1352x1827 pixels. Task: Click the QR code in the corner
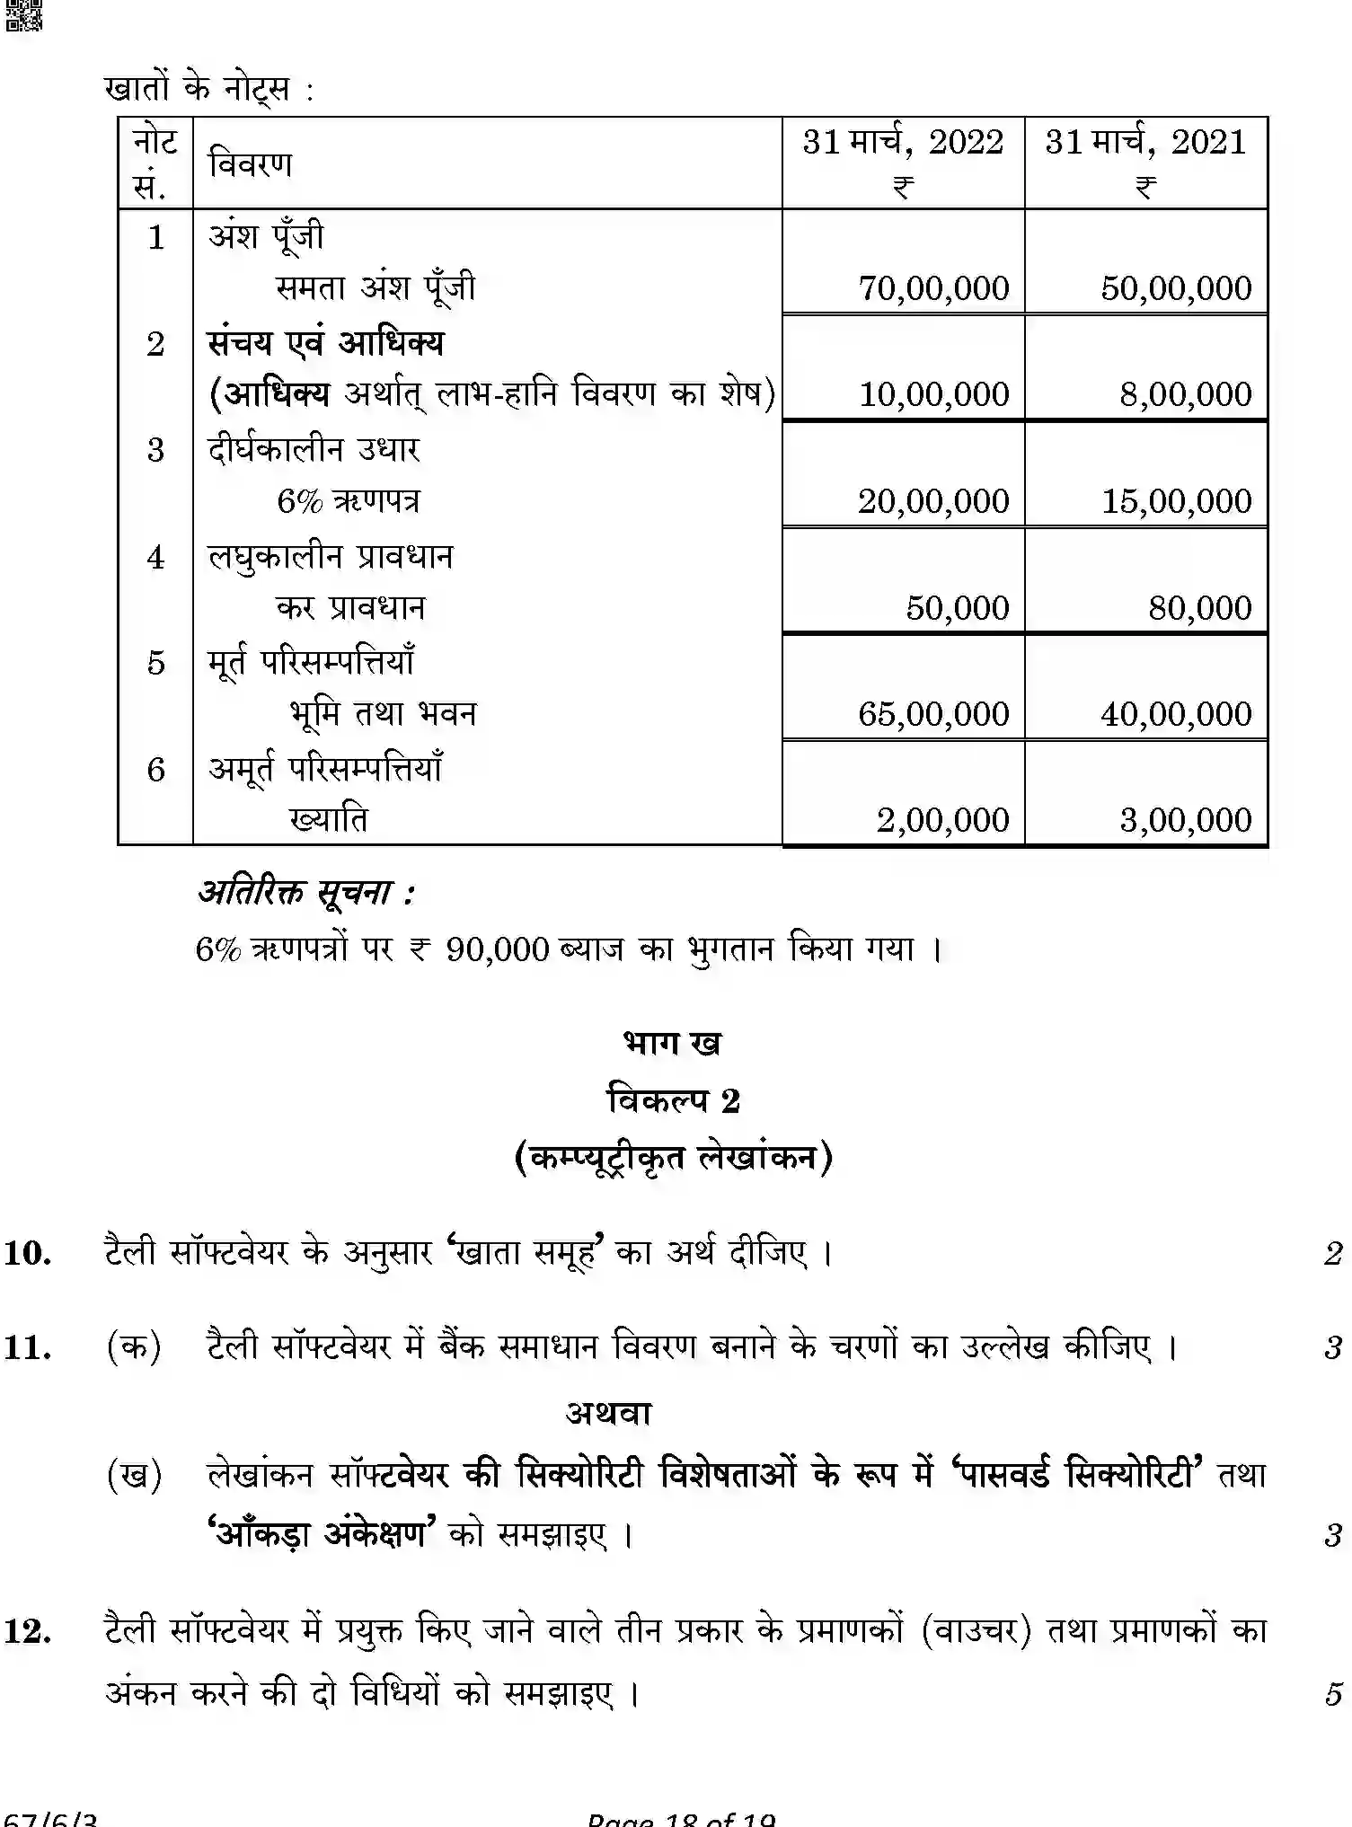tap(22, 15)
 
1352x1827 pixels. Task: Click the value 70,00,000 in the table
tap(933, 288)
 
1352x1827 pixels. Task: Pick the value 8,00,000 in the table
tap(1185, 394)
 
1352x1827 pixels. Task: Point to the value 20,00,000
tap(933, 501)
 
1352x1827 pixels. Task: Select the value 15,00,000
tap(1176, 501)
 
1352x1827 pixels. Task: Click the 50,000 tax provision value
tap(957, 608)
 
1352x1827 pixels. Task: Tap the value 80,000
tap(1199, 608)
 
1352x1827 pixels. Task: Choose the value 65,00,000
tap(933, 714)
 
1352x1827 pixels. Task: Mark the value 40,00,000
tap(1176, 714)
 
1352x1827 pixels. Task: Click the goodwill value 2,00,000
tap(942, 820)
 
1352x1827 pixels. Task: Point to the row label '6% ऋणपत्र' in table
tap(348, 501)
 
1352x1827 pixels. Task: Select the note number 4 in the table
tap(155, 558)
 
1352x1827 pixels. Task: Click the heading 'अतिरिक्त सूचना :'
tap(305, 893)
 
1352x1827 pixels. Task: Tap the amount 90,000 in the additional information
tap(496, 949)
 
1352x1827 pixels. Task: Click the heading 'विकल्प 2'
tap(674, 1100)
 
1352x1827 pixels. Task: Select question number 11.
tap(27, 1347)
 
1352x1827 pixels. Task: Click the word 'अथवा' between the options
tap(608, 1414)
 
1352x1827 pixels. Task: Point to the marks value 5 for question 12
tap(1332, 1694)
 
